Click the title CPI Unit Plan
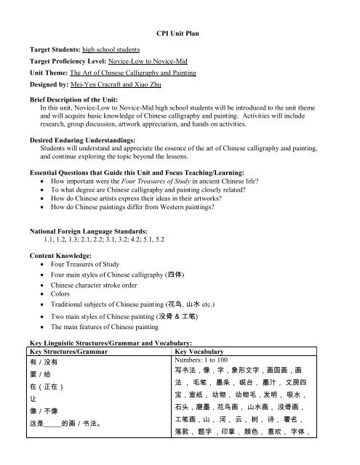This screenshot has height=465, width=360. (x=180, y=34)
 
